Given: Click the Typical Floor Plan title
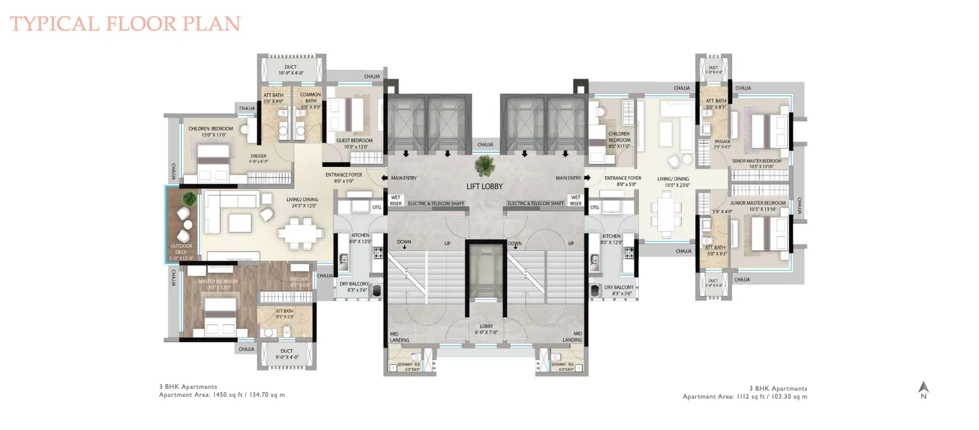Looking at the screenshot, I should click(x=125, y=24).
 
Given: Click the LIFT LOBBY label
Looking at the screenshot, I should click(x=484, y=186).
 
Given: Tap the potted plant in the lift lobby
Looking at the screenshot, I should click(x=485, y=166).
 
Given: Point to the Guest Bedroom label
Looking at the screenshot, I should click(x=354, y=144).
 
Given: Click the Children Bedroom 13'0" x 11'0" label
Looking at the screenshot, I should click(x=211, y=131).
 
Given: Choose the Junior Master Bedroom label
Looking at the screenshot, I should click(x=757, y=205).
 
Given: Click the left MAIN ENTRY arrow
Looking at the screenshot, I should click(x=384, y=178).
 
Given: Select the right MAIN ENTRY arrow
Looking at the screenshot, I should click(x=587, y=178).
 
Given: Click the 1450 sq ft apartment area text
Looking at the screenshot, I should click(x=222, y=395).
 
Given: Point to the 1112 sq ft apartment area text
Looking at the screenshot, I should click(x=745, y=396).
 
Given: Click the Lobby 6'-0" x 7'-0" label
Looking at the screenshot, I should click(x=486, y=329).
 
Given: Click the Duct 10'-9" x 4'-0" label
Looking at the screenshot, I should click(x=291, y=70).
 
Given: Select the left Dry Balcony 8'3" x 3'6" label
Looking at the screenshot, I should click(x=354, y=286).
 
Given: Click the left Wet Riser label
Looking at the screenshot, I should click(x=396, y=201).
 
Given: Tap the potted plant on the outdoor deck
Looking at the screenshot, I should click(x=190, y=199).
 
